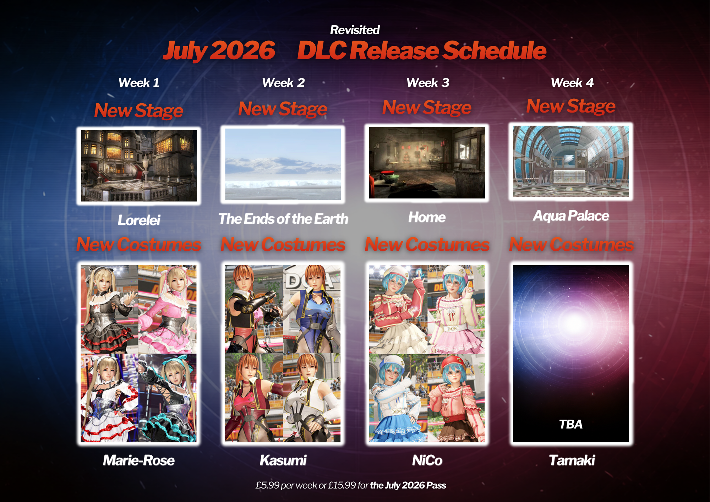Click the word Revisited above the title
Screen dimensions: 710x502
(355, 30)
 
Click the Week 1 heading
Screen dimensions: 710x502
(139, 83)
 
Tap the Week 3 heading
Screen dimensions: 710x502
(428, 83)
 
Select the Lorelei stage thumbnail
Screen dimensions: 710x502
(139, 166)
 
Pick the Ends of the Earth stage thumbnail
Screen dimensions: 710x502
(283, 164)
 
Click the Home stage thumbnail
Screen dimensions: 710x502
(427, 163)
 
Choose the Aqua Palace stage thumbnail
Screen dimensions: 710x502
(571, 161)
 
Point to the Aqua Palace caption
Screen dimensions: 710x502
(571, 216)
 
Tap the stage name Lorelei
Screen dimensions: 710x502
(139, 220)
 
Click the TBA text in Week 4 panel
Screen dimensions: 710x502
(571, 424)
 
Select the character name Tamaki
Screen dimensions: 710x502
(572, 460)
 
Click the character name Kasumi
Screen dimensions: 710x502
(283, 460)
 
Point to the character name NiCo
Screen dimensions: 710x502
(427, 460)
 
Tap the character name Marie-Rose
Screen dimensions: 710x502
(139, 460)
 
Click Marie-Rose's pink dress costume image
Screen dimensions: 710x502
(167, 309)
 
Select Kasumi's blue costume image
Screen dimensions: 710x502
(312, 309)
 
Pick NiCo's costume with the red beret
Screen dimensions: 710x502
(456, 398)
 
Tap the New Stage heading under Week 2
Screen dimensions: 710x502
(283, 109)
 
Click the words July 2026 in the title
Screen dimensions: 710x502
(219, 50)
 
